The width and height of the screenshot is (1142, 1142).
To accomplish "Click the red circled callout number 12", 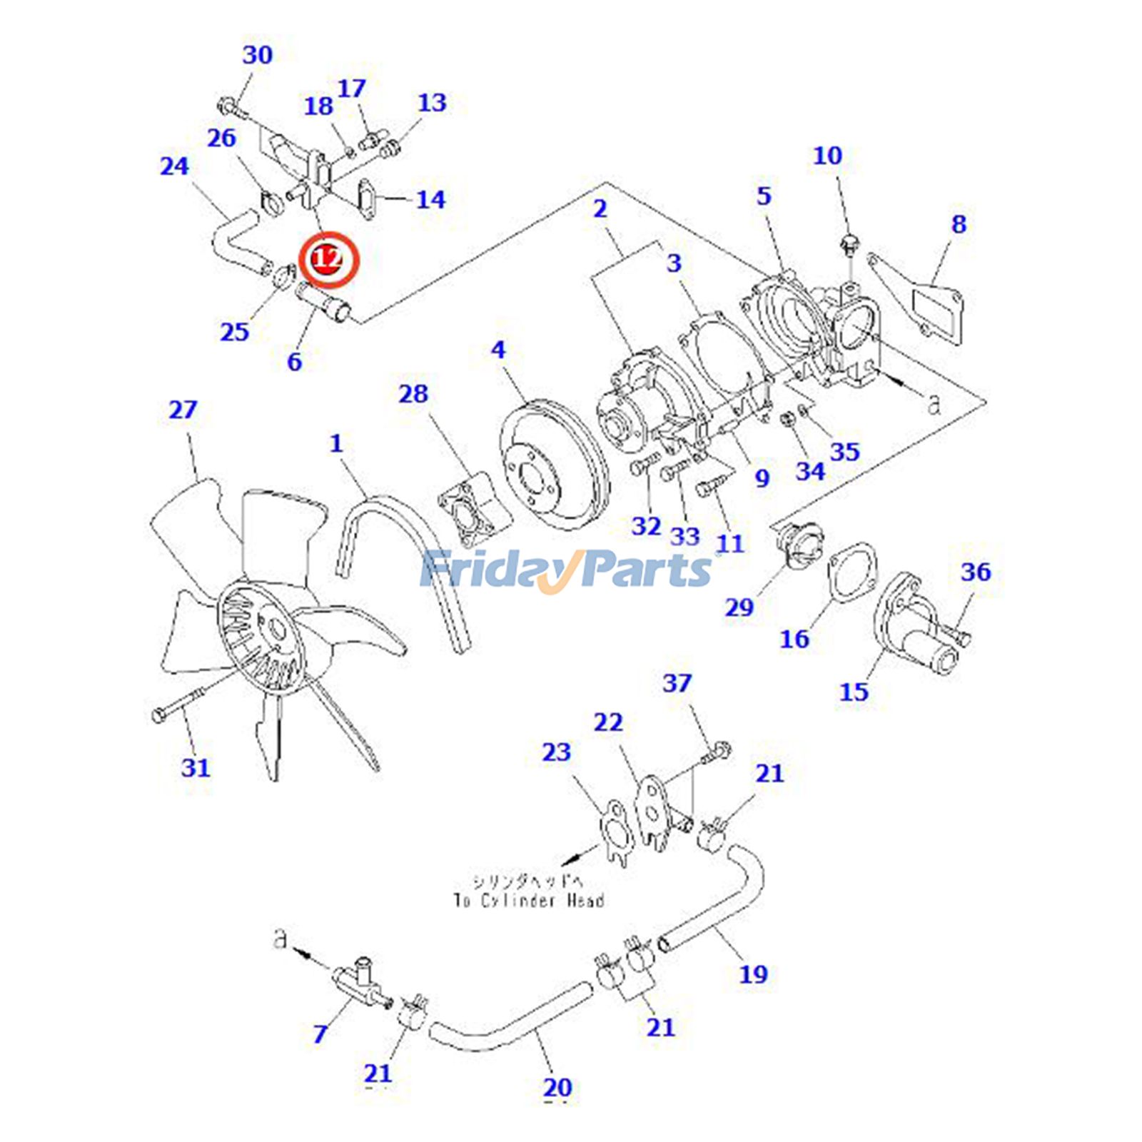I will pos(329,258).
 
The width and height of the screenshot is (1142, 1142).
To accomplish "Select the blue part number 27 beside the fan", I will pos(183,410).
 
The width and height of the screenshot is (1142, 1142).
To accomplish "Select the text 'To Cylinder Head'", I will pos(529,900).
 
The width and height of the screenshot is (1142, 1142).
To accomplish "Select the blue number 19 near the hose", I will pos(753,974).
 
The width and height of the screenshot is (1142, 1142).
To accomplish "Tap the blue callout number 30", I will pos(258,55).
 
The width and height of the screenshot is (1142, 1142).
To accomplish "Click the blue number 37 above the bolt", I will pos(677,683).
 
